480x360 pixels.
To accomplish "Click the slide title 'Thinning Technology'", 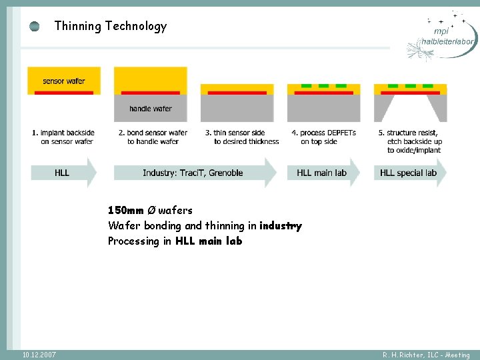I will [110, 27].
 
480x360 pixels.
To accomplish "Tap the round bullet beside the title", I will [35, 27].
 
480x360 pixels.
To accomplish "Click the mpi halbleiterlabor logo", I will [443, 36].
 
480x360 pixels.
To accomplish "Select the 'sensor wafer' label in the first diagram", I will [64, 81].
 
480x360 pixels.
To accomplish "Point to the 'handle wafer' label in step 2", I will [150, 109].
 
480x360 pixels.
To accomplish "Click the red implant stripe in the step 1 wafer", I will [64, 93].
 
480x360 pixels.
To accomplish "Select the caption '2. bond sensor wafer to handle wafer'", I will [153, 137].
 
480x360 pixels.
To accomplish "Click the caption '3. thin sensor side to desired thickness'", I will [241, 137].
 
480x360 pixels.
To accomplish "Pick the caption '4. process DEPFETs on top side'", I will [324, 137].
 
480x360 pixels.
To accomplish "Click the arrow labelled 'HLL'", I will [63, 173].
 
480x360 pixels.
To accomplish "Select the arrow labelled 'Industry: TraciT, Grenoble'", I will [193, 173].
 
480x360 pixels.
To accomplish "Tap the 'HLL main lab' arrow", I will [323, 173].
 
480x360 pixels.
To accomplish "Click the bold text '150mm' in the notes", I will [126, 211].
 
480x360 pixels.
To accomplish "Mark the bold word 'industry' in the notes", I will [281, 226].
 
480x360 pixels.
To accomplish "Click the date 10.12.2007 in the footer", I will [39, 355].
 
